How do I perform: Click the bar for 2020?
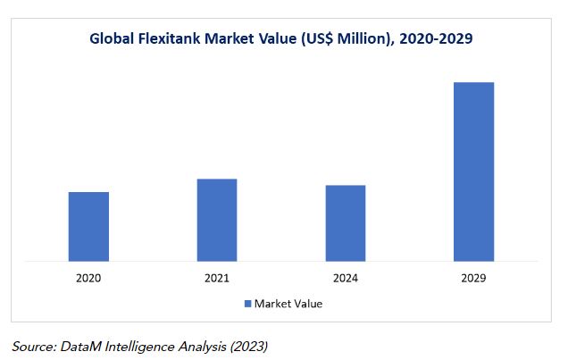(x=88, y=227)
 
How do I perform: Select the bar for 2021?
(x=217, y=221)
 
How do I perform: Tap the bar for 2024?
(x=345, y=223)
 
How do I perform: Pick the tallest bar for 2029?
(x=473, y=172)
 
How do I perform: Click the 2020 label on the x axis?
(x=88, y=279)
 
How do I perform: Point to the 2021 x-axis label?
(x=217, y=279)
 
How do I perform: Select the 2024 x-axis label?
(x=345, y=279)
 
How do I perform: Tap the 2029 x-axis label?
(x=473, y=279)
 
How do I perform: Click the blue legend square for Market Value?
(x=248, y=304)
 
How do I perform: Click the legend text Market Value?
(x=288, y=304)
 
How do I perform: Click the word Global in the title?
(x=112, y=38)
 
